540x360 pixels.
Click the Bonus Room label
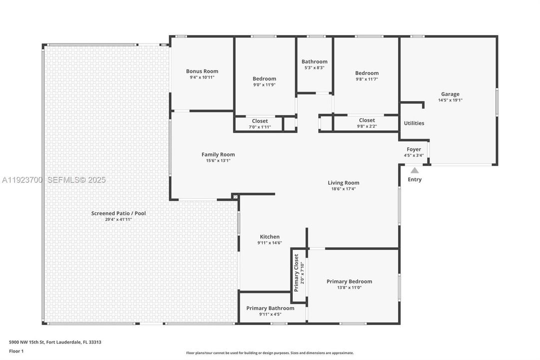(x=202, y=71)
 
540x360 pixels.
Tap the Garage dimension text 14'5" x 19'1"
(x=450, y=100)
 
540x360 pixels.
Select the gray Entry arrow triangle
(x=415, y=170)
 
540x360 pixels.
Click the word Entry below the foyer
(x=415, y=179)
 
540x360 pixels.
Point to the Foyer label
(x=414, y=149)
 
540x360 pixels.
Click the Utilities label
(x=414, y=123)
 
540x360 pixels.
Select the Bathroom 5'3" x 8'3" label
(x=314, y=61)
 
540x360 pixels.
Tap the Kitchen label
(x=270, y=236)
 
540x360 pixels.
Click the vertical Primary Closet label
(x=296, y=273)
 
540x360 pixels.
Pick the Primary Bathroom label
(x=270, y=308)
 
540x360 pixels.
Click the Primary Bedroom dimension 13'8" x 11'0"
(x=349, y=287)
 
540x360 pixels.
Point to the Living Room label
(x=343, y=182)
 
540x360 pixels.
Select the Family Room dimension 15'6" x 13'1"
(x=218, y=160)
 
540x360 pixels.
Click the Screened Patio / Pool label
(x=118, y=213)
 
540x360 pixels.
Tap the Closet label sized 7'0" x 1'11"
(x=260, y=121)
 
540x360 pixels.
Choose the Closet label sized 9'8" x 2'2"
(x=367, y=120)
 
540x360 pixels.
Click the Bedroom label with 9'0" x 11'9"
(x=264, y=78)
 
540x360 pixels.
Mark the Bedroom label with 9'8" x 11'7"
(x=367, y=73)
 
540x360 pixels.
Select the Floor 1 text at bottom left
(x=16, y=351)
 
